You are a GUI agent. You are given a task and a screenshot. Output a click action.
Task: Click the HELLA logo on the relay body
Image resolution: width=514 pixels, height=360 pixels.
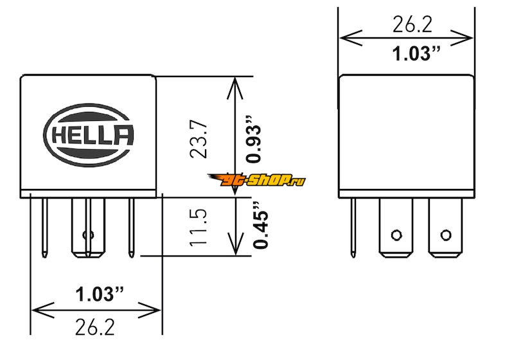click(89, 135)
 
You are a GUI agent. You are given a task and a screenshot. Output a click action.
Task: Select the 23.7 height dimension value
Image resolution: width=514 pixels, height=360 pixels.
click(199, 139)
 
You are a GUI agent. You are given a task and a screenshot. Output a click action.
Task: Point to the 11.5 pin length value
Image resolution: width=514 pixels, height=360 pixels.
click(199, 227)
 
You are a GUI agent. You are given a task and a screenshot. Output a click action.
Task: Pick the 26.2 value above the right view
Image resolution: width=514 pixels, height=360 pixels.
click(412, 24)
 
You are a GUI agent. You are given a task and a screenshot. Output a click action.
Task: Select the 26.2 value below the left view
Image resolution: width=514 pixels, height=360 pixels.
click(95, 327)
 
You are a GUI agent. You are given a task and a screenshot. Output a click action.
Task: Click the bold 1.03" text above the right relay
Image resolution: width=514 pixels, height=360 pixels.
click(416, 53)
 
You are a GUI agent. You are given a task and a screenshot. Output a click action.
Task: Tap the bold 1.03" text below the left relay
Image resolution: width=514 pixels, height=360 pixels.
click(100, 294)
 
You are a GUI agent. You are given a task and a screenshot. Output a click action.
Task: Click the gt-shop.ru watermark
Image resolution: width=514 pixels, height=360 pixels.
click(256, 179)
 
